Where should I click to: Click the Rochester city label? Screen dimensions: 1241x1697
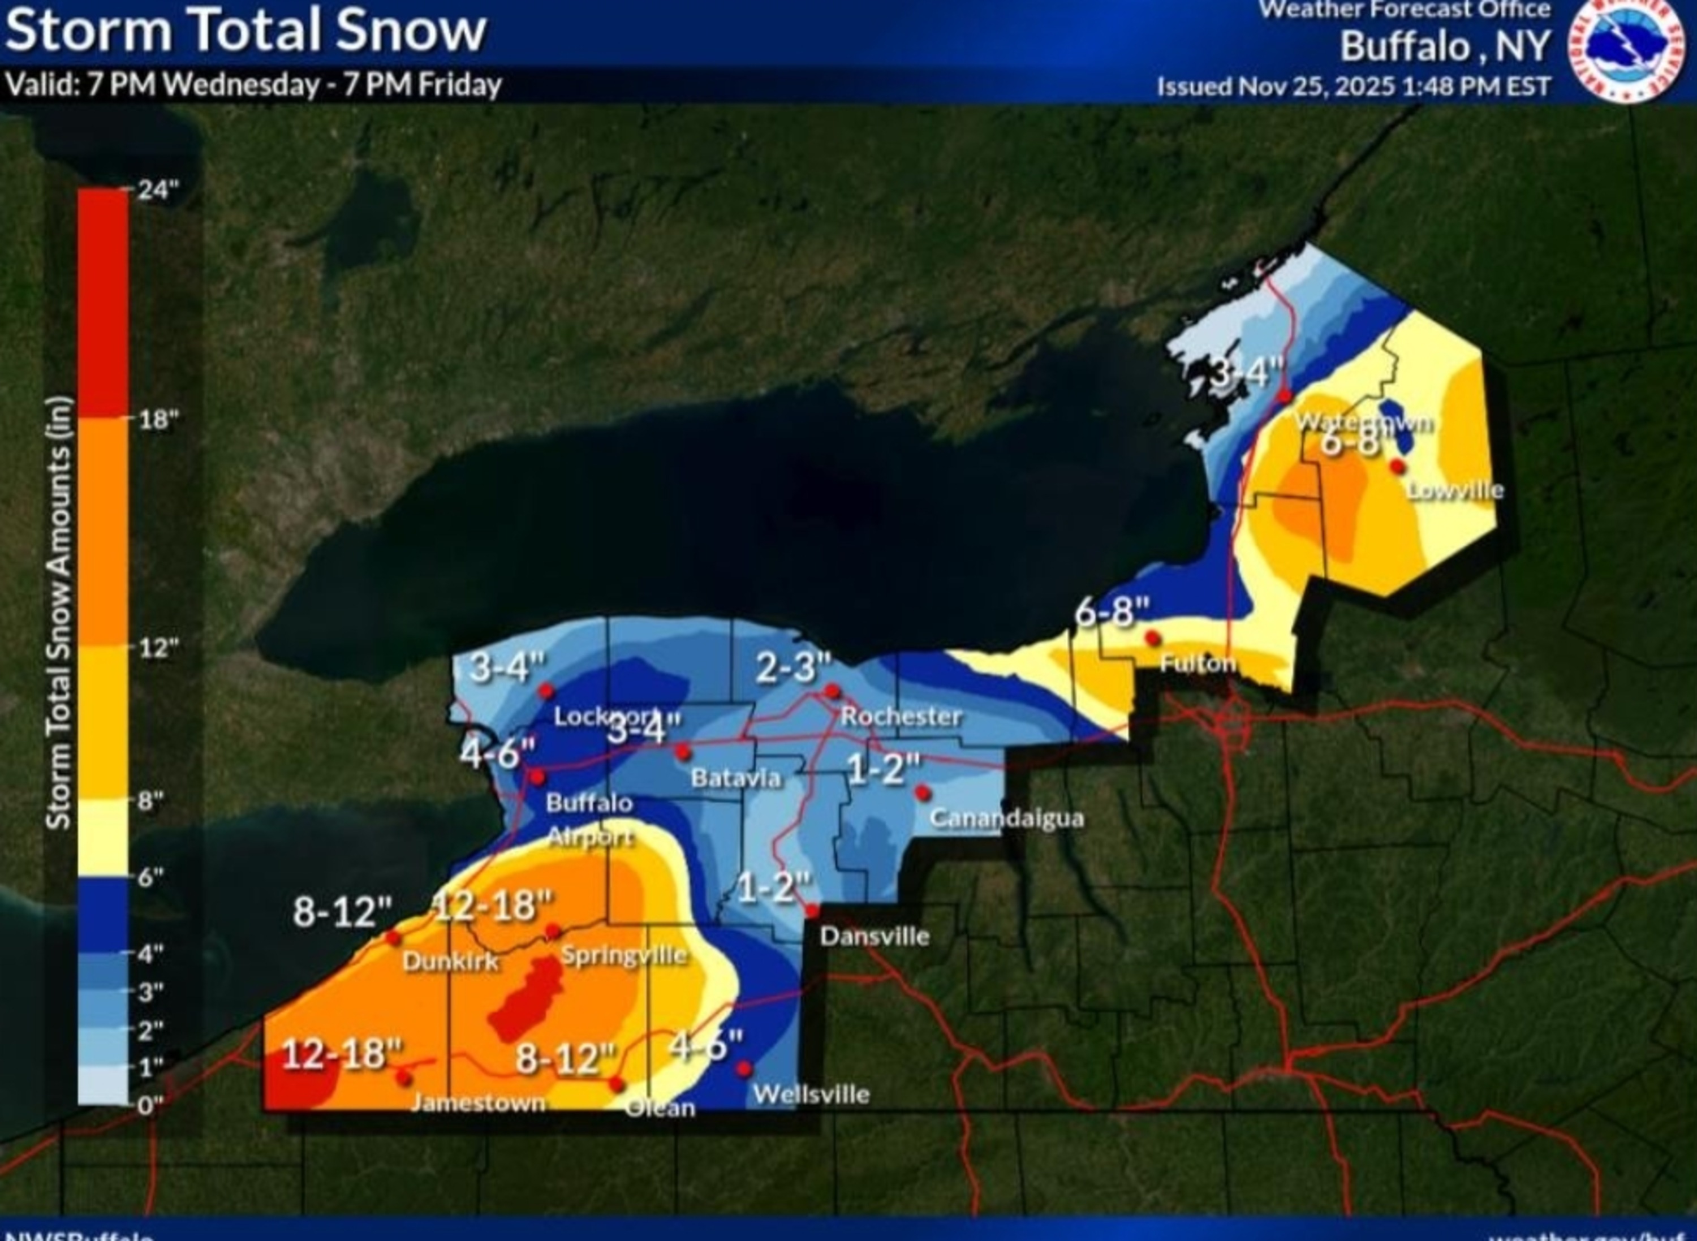(x=901, y=716)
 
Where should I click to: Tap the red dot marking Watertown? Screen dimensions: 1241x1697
(x=1285, y=395)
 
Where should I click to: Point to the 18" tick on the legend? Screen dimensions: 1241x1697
(x=158, y=419)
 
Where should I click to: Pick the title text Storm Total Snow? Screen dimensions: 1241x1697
(x=245, y=30)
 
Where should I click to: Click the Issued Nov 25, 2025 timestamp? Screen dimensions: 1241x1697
(x=1353, y=87)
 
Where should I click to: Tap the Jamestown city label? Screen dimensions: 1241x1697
(x=479, y=1103)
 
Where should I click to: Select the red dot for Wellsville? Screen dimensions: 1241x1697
(x=744, y=1068)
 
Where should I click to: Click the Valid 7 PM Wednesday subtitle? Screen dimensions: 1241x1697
(x=253, y=85)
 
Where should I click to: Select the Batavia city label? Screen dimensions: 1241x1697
(x=735, y=778)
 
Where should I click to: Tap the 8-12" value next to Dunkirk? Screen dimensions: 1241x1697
(x=343, y=911)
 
